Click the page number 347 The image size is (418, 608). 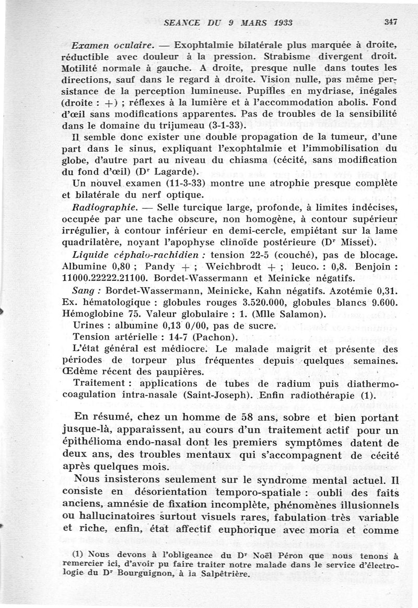coord(390,22)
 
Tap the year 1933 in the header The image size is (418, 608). coord(281,22)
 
